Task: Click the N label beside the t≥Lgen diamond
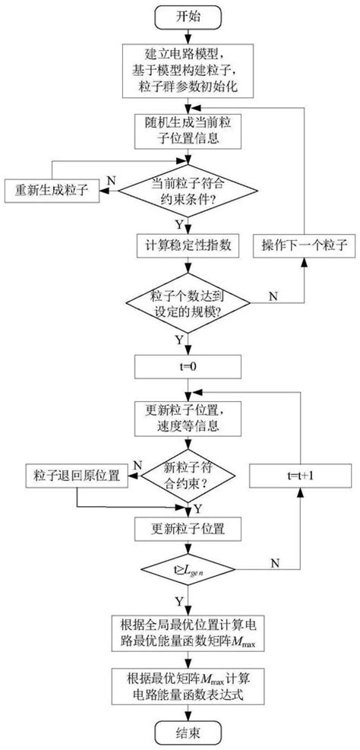tap(274, 562)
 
